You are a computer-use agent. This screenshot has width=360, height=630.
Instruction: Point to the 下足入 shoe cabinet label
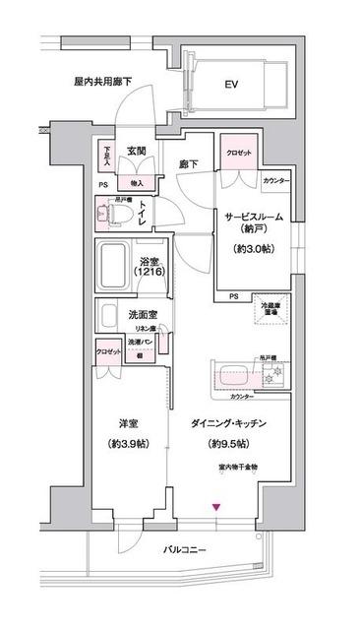(x=107, y=157)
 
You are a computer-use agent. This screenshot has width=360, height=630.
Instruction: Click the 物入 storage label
(x=136, y=182)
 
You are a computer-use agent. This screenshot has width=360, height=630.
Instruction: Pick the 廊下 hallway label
(x=191, y=166)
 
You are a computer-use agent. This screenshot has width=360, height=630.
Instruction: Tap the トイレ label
(x=144, y=211)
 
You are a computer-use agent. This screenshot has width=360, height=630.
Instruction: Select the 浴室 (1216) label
(x=150, y=269)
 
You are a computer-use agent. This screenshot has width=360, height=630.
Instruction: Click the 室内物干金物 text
(x=238, y=466)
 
